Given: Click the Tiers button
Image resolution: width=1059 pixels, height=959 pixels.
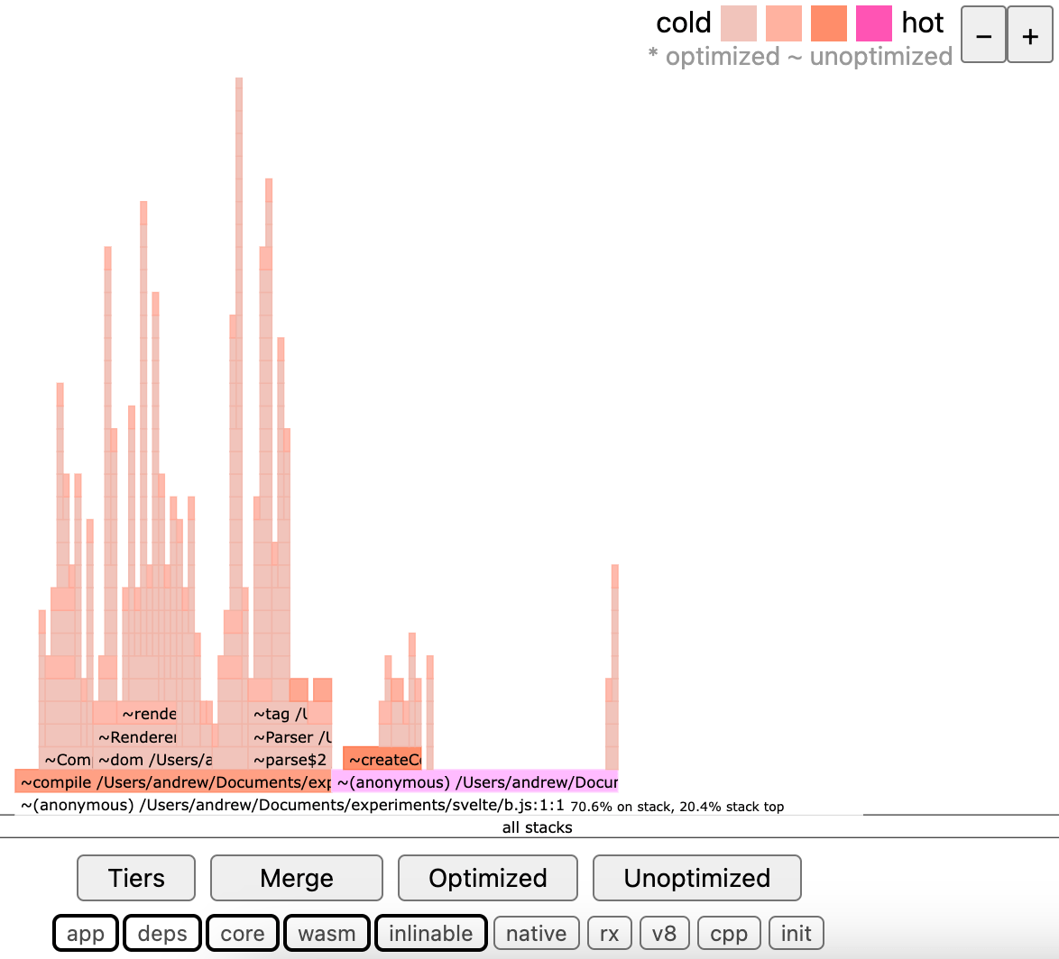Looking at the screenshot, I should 136,878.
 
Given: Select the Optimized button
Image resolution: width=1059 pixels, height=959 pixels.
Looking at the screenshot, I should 487,878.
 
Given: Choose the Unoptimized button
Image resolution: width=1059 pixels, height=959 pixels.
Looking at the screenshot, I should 696,878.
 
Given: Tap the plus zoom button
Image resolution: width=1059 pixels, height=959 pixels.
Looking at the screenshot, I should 1030,36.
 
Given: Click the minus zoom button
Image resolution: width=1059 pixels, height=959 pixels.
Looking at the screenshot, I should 984,36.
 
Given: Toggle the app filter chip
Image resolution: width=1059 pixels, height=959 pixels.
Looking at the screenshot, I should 86,934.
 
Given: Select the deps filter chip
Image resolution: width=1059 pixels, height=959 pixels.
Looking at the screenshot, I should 162,934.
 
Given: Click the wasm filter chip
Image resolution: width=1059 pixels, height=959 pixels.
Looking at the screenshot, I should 327,934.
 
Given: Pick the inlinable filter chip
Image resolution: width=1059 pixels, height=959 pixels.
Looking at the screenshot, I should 430,934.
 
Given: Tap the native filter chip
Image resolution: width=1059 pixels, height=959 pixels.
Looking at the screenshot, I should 536,934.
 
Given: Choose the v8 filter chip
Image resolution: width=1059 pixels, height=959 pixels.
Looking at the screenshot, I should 664,934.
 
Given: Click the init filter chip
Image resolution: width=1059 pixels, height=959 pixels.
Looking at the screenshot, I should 796,934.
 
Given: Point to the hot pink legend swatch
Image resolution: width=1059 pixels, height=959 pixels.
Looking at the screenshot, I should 873,23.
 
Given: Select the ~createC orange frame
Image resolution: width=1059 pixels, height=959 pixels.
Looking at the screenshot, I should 382,760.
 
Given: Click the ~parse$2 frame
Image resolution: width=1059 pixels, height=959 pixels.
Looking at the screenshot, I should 289,760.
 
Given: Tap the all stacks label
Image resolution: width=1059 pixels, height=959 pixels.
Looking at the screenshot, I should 537,827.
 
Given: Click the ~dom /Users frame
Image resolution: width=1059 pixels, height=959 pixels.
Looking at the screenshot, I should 153,760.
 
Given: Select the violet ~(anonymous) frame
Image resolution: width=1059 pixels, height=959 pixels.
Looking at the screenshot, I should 475,782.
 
